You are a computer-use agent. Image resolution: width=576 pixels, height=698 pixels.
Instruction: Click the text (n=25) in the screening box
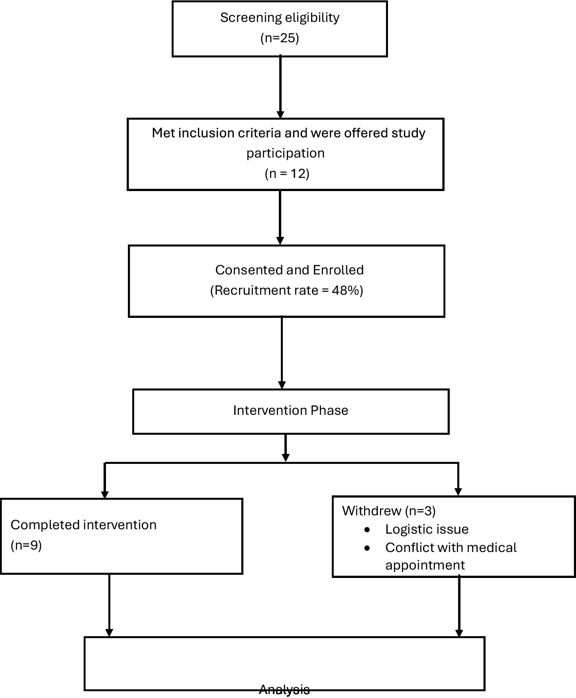[280, 38]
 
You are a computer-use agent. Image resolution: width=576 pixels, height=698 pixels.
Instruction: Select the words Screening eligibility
[280, 18]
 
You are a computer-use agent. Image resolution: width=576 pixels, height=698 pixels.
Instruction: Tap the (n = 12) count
[287, 174]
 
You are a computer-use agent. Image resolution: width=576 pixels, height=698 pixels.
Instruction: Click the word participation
[285, 153]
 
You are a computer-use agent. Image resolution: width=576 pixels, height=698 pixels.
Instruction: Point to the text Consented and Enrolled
[289, 270]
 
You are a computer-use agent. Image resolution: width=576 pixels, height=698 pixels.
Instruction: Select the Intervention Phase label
[290, 410]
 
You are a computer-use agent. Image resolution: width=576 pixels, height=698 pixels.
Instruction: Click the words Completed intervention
[83, 525]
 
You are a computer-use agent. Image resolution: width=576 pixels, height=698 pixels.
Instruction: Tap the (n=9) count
[26, 545]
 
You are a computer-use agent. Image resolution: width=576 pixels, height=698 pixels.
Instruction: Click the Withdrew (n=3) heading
[389, 511]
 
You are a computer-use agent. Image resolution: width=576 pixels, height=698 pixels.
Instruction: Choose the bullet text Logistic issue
[427, 529]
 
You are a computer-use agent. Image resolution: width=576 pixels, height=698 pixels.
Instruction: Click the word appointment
[425, 565]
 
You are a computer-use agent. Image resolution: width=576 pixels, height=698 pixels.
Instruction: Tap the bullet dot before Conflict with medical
[367, 548]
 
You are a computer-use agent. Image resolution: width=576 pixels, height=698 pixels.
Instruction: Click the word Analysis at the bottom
[284, 689]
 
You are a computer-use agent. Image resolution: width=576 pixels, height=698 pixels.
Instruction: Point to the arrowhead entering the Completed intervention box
[105, 494]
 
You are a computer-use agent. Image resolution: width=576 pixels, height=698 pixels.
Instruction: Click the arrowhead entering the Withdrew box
[458, 492]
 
